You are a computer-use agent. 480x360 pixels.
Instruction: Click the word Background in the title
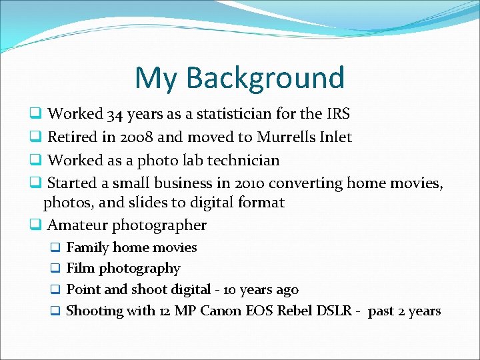[x=265, y=77]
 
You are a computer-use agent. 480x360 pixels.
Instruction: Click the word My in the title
[x=157, y=77]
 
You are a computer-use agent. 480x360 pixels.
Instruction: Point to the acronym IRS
[x=337, y=115]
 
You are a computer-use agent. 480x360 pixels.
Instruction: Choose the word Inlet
[x=336, y=137]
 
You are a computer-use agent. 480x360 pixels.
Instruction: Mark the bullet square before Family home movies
[x=56, y=248]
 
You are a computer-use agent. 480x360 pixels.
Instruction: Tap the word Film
[x=81, y=269]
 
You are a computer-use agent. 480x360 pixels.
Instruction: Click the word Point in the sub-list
[x=83, y=290]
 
